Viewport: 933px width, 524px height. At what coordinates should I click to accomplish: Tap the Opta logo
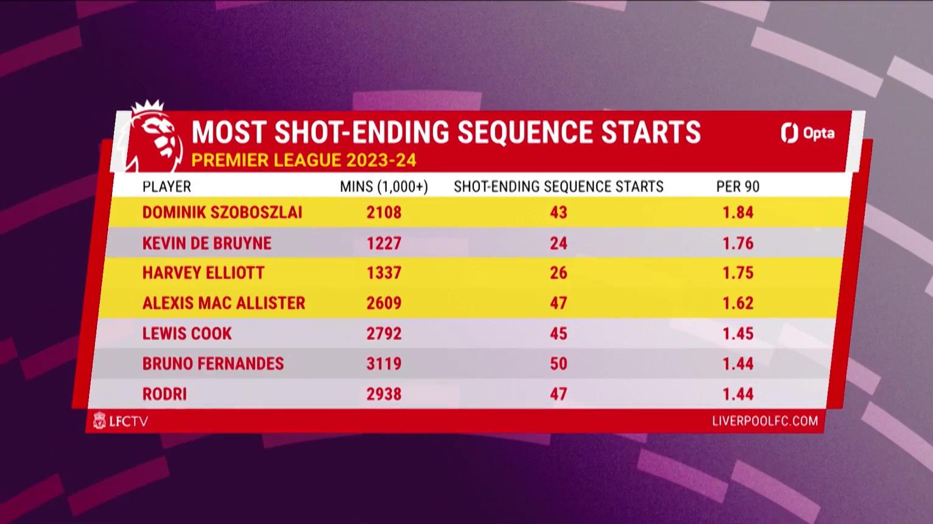(808, 133)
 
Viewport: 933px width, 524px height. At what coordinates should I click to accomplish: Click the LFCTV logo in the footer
(121, 421)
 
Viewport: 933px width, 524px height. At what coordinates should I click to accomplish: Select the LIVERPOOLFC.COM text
(765, 421)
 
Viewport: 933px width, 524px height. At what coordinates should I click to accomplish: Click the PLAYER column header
(167, 186)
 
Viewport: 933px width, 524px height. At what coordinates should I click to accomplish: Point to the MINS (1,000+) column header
(384, 186)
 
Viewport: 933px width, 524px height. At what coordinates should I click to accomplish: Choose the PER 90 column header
(738, 186)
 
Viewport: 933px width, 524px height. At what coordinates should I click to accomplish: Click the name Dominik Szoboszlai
(222, 212)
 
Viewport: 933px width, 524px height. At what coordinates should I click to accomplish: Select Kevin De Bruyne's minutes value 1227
(384, 243)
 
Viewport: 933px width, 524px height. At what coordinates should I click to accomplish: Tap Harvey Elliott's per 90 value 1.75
(738, 272)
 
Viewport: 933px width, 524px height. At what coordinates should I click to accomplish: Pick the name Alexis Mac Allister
(224, 303)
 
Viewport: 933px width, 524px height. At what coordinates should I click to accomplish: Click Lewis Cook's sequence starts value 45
(558, 333)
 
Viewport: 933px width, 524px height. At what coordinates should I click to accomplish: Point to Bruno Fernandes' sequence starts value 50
(558, 364)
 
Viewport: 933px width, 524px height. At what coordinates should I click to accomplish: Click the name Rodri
(164, 394)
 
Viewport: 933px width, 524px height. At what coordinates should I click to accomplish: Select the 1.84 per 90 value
(738, 212)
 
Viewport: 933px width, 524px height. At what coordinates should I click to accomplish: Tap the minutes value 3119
(384, 364)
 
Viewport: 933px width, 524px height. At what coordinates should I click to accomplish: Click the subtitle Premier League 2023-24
(304, 160)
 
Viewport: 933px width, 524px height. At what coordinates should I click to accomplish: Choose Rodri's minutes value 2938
(384, 394)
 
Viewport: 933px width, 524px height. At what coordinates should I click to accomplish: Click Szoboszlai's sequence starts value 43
(558, 212)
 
